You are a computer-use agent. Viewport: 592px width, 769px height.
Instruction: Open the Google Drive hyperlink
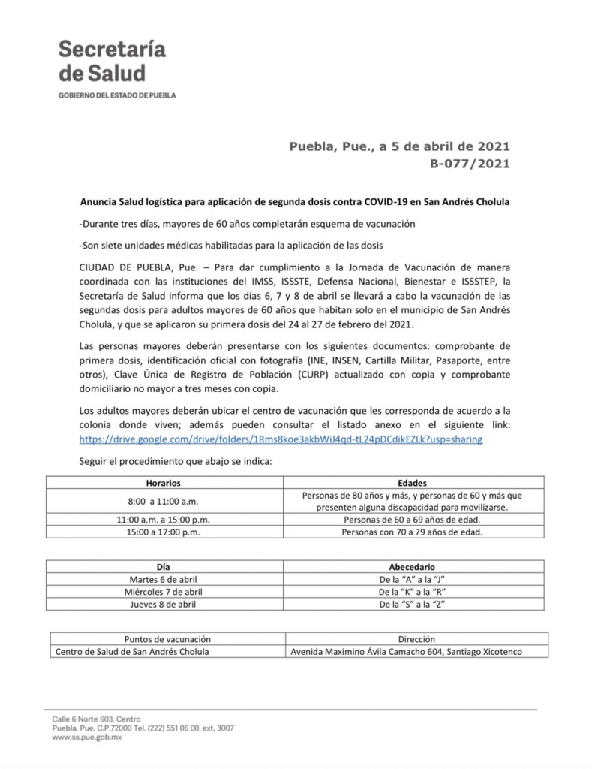click(280, 439)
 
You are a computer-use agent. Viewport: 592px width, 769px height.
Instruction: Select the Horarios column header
click(163, 483)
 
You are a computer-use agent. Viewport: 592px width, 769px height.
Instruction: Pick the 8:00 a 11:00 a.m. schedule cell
click(163, 501)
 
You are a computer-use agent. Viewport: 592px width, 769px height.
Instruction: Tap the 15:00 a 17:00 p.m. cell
click(163, 532)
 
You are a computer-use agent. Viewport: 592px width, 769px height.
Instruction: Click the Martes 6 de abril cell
click(163, 580)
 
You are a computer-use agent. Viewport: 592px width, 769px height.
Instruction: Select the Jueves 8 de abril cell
click(163, 604)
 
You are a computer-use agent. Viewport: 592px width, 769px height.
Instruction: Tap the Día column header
click(163, 567)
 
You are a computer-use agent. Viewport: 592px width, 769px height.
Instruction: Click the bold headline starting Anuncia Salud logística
click(296, 203)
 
